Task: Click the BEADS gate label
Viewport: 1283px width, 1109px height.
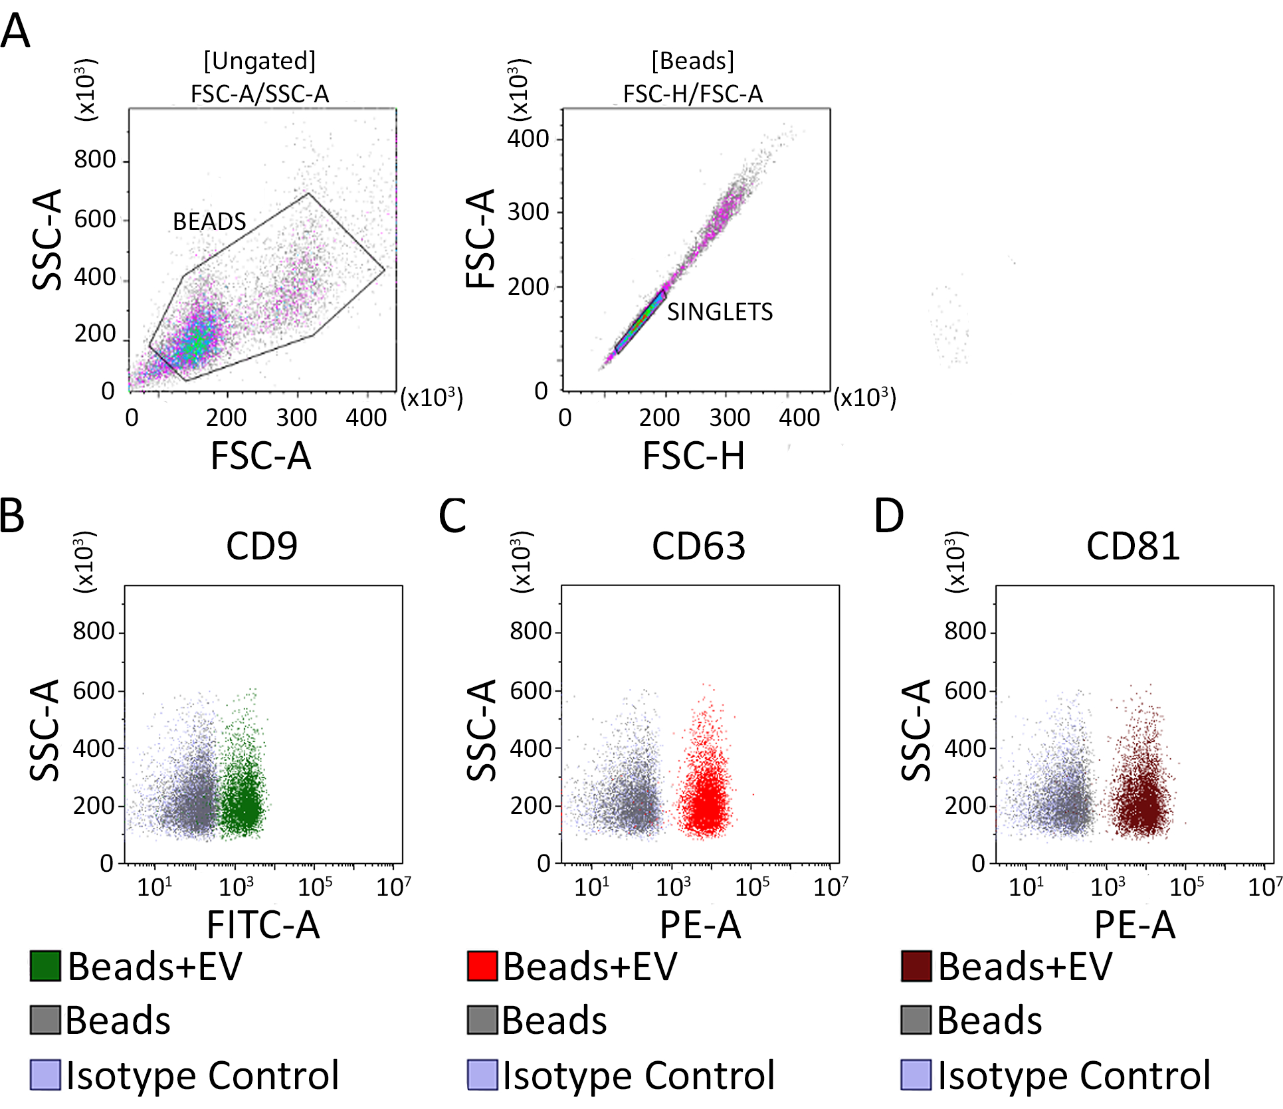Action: click(x=209, y=221)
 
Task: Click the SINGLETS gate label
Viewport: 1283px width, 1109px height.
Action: click(x=720, y=312)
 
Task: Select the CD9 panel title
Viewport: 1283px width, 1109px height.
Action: click(x=261, y=546)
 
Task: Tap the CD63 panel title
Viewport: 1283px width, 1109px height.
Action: click(x=698, y=546)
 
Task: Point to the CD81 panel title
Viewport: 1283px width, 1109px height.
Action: click(x=1133, y=546)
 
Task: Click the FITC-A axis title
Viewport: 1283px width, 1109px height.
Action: click(x=263, y=924)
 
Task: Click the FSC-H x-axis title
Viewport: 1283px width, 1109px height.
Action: click(x=693, y=456)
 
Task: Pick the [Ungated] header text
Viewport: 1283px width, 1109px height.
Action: click(x=260, y=61)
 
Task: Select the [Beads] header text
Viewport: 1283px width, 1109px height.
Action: click(x=693, y=61)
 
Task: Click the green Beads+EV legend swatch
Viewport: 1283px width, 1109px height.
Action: click(x=45, y=965)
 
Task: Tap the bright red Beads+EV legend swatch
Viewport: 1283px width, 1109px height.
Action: click(x=482, y=965)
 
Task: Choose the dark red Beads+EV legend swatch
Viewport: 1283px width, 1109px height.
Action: click(x=916, y=965)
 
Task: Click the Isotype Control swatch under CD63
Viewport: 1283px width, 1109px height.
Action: click(x=482, y=1074)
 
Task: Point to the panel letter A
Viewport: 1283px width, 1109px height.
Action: click(x=15, y=31)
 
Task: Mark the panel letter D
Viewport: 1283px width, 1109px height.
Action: click(x=889, y=516)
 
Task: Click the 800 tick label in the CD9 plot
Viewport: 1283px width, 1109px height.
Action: click(x=94, y=631)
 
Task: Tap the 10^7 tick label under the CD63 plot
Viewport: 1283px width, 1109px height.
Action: click(x=831, y=886)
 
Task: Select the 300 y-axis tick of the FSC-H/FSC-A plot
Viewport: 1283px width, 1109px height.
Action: click(x=528, y=212)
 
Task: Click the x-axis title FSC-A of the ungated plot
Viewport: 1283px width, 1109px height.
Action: click(x=260, y=456)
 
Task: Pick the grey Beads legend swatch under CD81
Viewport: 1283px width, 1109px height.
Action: click(x=916, y=1020)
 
